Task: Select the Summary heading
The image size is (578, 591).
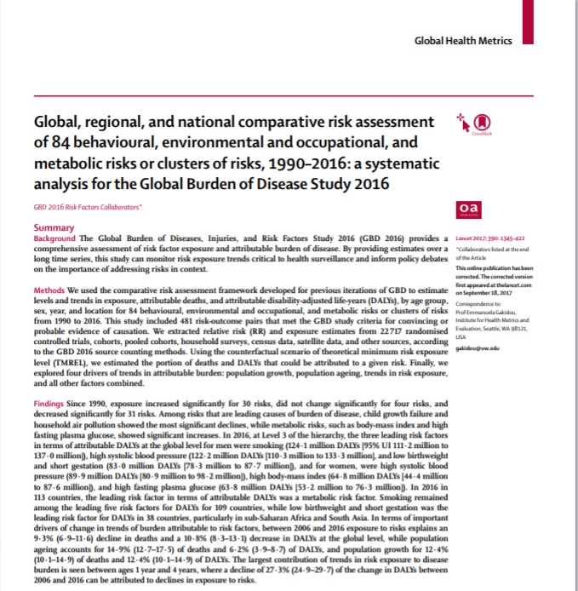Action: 53,228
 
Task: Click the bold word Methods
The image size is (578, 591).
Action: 50,291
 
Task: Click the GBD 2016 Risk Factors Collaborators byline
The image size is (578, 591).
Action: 88,208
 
